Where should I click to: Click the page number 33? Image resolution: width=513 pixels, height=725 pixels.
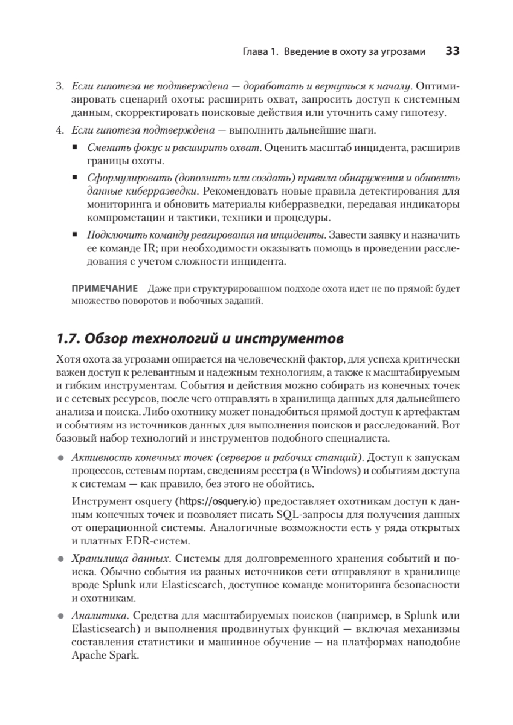pyautogui.click(x=453, y=52)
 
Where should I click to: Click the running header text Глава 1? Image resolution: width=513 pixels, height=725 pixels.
pyautogui.click(x=259, y=53)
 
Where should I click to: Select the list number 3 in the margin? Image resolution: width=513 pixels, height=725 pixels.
pyautogui.click(x=60, y=86)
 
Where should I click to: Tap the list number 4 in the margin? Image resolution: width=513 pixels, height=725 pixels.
pyautogui.click(x=60, y=130)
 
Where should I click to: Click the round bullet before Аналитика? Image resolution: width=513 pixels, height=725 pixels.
pyautogui.click(x=60, y=617)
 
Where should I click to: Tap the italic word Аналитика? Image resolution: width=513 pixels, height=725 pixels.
pyautogui.click(x=97, y=616)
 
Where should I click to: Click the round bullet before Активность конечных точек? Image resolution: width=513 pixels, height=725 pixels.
pyautogui.click(x=60, y=457)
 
